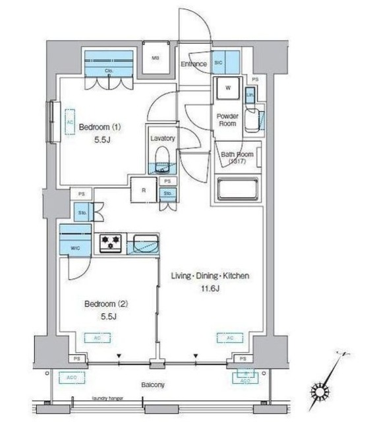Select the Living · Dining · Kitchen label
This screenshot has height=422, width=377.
[210, 276]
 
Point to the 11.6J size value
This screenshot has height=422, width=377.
[210, 289]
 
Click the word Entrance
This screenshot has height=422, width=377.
[194, 64]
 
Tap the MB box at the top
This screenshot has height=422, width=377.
[156, 58]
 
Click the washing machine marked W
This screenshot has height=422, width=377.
[227, 88]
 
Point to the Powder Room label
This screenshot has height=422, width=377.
[227, 119]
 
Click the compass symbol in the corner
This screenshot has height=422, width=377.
[322, 392]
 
